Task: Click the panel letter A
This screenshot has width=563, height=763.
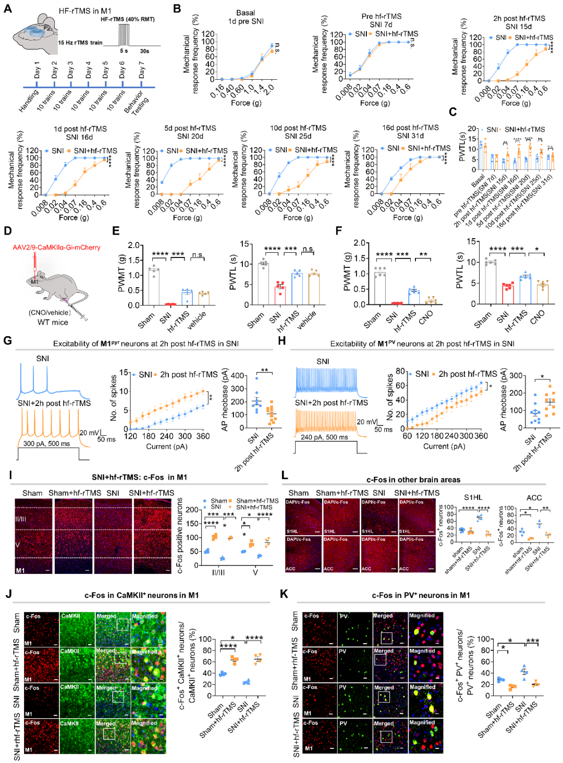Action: tap(7, 9)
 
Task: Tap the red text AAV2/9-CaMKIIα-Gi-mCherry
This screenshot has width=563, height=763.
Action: tap(56, 247)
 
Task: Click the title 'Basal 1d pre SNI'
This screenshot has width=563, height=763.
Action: tap(246, 17)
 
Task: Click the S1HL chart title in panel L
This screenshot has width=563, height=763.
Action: tap(473, 497)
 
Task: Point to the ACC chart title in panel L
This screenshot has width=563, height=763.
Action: tap(534, 497)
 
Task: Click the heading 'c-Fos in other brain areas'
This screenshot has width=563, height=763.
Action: tap(413, 479)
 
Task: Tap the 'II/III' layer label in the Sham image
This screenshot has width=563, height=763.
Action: tap(21, 519)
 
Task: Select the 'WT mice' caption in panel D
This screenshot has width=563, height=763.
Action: tap(53, 322)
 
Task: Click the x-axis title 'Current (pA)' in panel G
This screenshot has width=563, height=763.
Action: tap(166, 446)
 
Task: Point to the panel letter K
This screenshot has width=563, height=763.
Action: tap(284, 594)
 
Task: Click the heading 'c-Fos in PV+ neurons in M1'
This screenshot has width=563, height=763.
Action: tap(421, 595)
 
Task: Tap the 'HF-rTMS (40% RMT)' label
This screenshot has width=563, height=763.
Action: tap(127, 19)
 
